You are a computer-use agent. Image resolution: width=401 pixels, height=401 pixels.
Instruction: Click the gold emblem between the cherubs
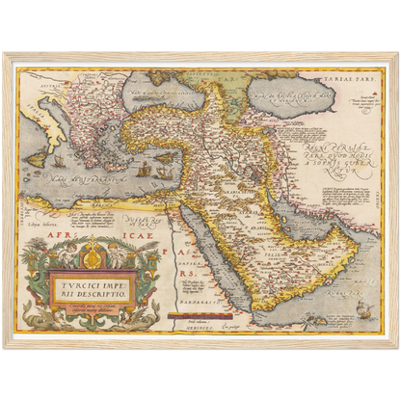[94, 253]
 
